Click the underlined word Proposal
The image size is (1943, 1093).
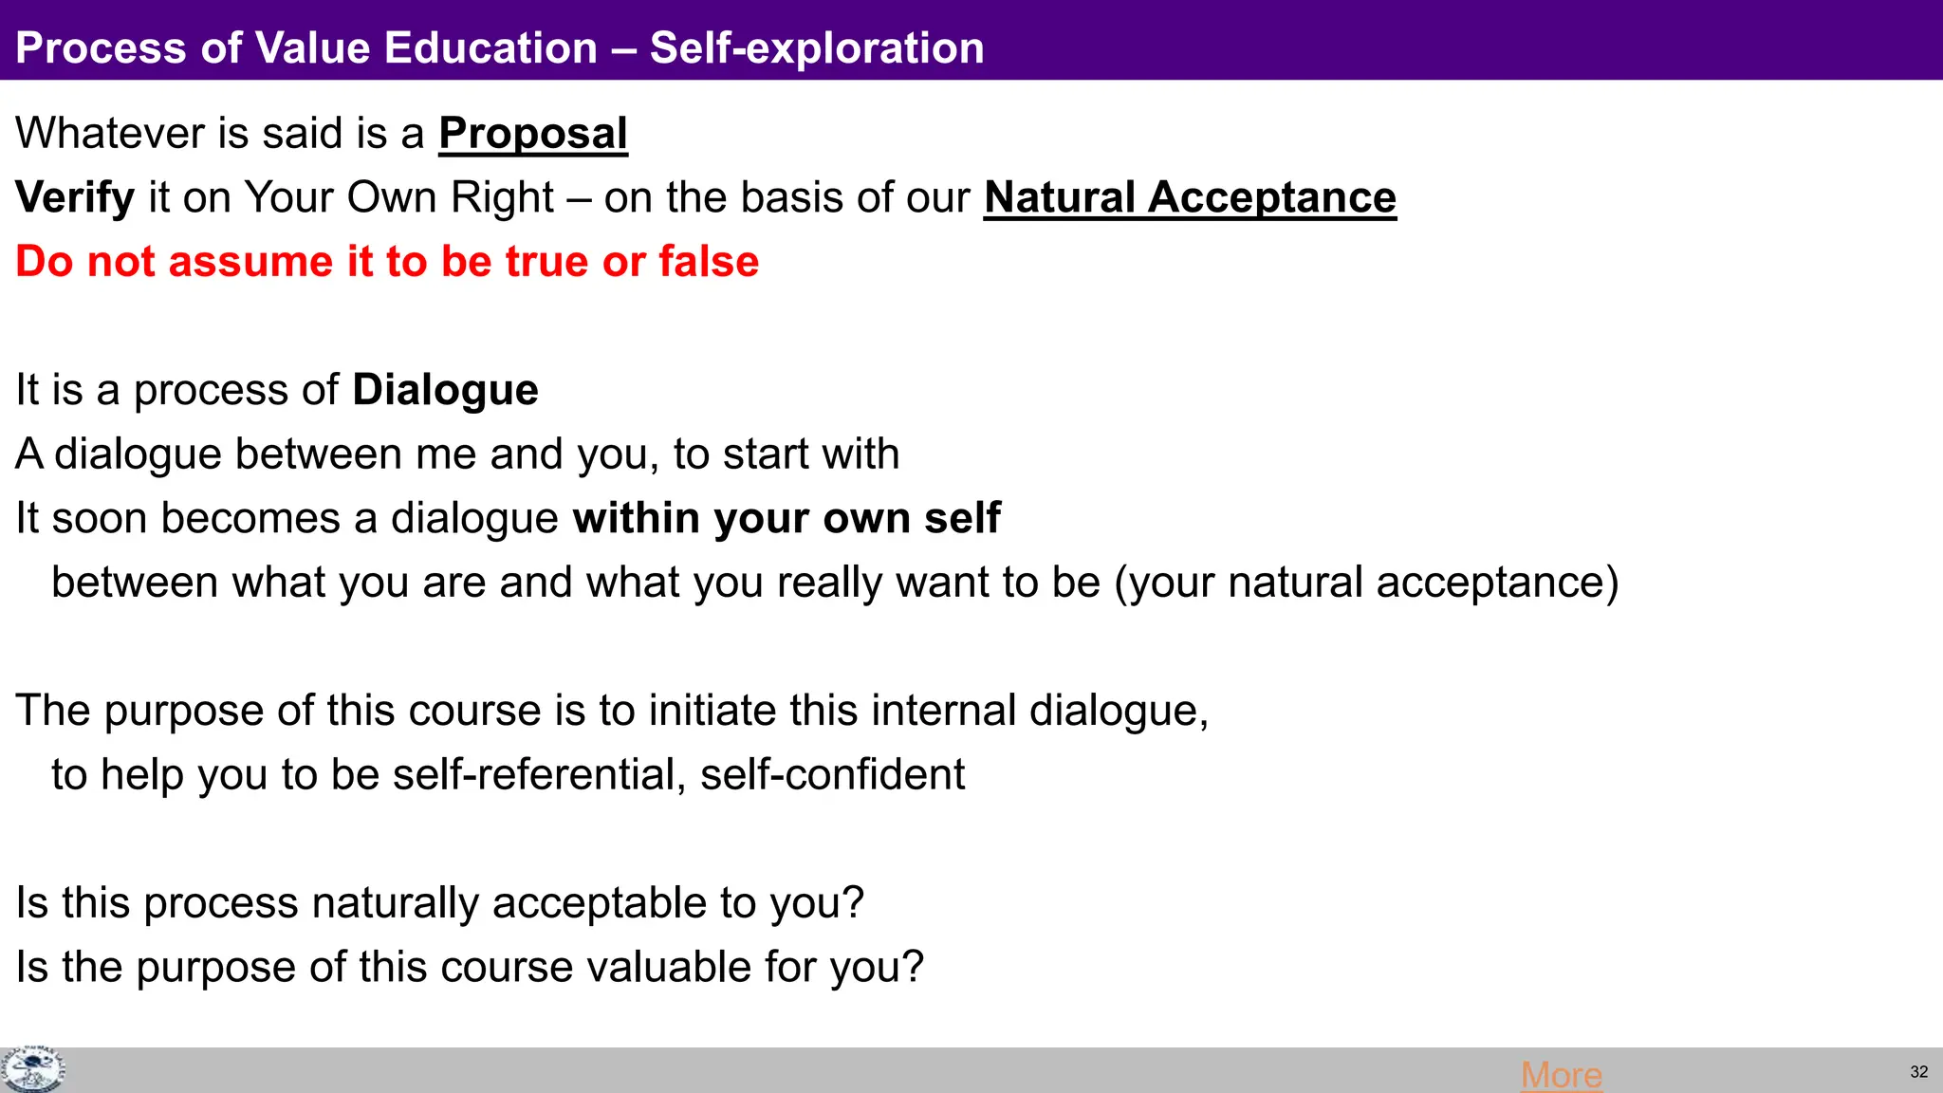point(533,134)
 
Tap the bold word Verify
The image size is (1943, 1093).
point(75,198)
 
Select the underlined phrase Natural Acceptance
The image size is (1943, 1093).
point(1190,198)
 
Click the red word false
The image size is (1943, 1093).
point(709,262)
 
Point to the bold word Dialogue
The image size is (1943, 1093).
point(445,390)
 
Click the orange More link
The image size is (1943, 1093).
point(1561,1075)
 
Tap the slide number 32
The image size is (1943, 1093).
point(1918,1072)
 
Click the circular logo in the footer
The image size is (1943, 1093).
point(32,1070)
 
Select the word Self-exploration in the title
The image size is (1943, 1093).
point(817,48)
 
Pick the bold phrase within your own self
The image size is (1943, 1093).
point(786,519)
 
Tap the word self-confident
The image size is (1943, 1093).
point(832,775)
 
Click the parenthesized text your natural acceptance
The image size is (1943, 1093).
point(1366,583)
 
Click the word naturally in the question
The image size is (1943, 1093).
point(396,903)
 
